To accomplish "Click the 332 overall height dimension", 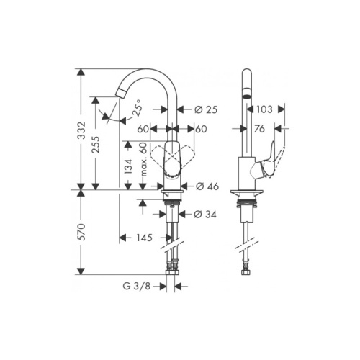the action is pos(82,130).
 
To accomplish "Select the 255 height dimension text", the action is pos(96,145).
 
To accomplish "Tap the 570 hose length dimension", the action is pos(82,232).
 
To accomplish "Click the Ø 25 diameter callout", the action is pos(206,109).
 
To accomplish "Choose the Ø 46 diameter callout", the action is pos(207,186).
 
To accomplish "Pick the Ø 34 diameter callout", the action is pos(205,215).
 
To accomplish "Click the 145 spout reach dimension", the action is pos(145,238).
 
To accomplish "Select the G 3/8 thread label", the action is pos(137,286).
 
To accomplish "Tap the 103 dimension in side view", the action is pos(264,109).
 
